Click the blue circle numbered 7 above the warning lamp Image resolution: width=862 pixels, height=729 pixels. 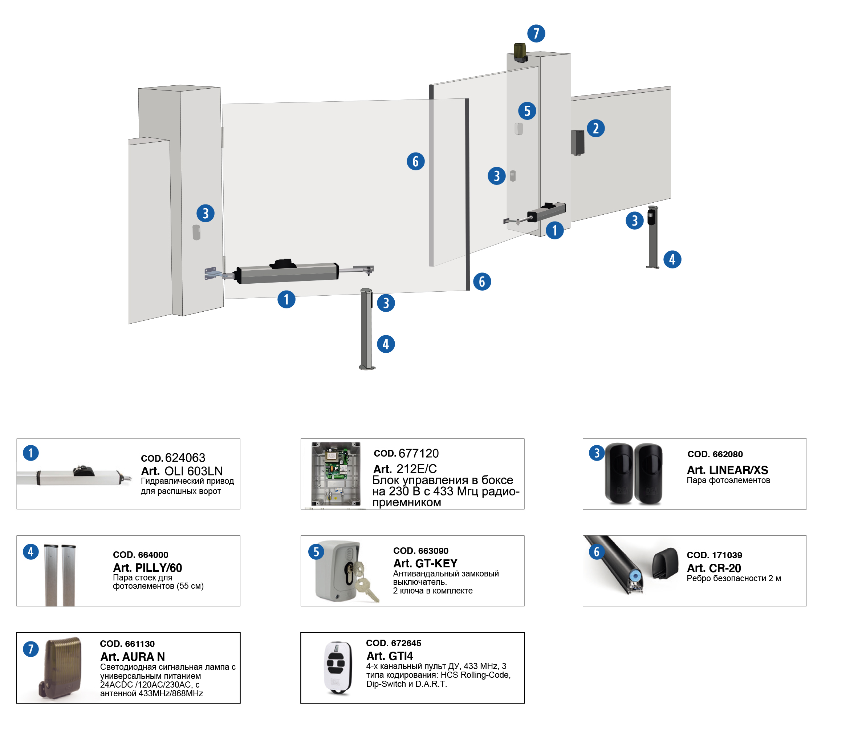coord(536,33)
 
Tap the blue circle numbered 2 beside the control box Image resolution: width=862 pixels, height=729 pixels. coord(595,129)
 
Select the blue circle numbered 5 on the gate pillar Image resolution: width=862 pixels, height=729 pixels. coord(526,111)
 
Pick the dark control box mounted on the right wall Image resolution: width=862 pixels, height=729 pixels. coord(577,143)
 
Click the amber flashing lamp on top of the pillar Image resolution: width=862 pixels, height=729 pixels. coord(520,52)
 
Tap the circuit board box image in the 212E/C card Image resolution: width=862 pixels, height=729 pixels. coord(336,474)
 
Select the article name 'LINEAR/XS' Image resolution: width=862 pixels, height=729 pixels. coord(738,470)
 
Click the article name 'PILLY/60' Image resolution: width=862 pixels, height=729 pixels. coord(158,567)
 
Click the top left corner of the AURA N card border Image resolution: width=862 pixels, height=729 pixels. coord(17,632)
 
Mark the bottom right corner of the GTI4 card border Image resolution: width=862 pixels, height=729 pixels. coord(524,703)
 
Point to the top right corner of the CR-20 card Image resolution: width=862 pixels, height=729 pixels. coord(806,536)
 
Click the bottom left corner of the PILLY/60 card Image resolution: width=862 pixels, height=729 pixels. coord(17,606)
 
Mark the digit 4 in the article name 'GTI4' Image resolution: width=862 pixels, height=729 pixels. coord(409,656)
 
